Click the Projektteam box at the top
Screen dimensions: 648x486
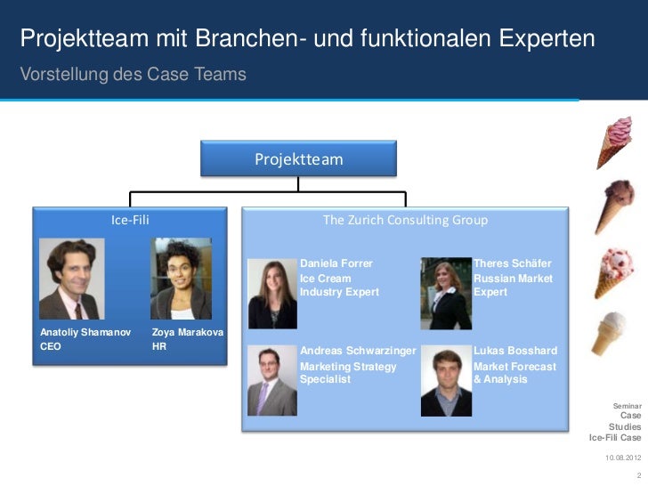298,158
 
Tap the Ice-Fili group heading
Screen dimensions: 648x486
129,219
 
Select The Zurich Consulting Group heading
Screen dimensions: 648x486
404,219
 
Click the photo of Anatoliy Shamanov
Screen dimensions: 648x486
71,279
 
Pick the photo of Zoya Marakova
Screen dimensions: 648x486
181,279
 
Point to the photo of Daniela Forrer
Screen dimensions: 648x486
272,293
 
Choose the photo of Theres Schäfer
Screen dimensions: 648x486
445,293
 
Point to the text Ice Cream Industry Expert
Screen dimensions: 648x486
339,285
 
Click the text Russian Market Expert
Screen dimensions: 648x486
514,285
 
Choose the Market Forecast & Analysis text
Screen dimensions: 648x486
515,372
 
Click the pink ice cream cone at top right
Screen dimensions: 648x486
614,137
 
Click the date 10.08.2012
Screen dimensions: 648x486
622,457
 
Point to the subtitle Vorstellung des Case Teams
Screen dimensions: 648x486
133,75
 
